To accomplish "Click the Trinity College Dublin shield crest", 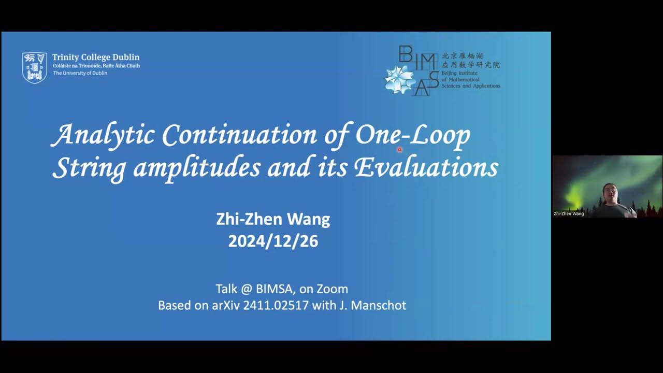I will pyautogui.click(x=34, y=67).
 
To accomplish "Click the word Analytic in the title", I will pyautogui.click(x=104, y=135).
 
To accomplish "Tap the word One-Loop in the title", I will pyautogui.click(x=412, y=135).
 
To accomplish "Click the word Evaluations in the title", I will pyautogui.click(x=426, y=168).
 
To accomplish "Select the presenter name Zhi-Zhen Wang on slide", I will pyautogui.click(x=273, y=219).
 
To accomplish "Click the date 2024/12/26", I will pyautogui.click(x=273, y=241).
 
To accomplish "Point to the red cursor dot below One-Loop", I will pyautogui.click(x=399, y=149).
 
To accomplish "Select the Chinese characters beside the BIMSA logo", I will pyautogui.click(x=470, y=61).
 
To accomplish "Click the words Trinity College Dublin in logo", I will pyautogui.click(x=96, y=58).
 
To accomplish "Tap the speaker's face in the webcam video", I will pyautogui.click(x=610, y=193).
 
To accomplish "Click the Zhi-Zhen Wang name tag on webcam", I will pyautogui.click(x=569, y=213).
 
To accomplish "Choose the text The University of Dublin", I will pyautogui.click(x=80, y=73).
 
